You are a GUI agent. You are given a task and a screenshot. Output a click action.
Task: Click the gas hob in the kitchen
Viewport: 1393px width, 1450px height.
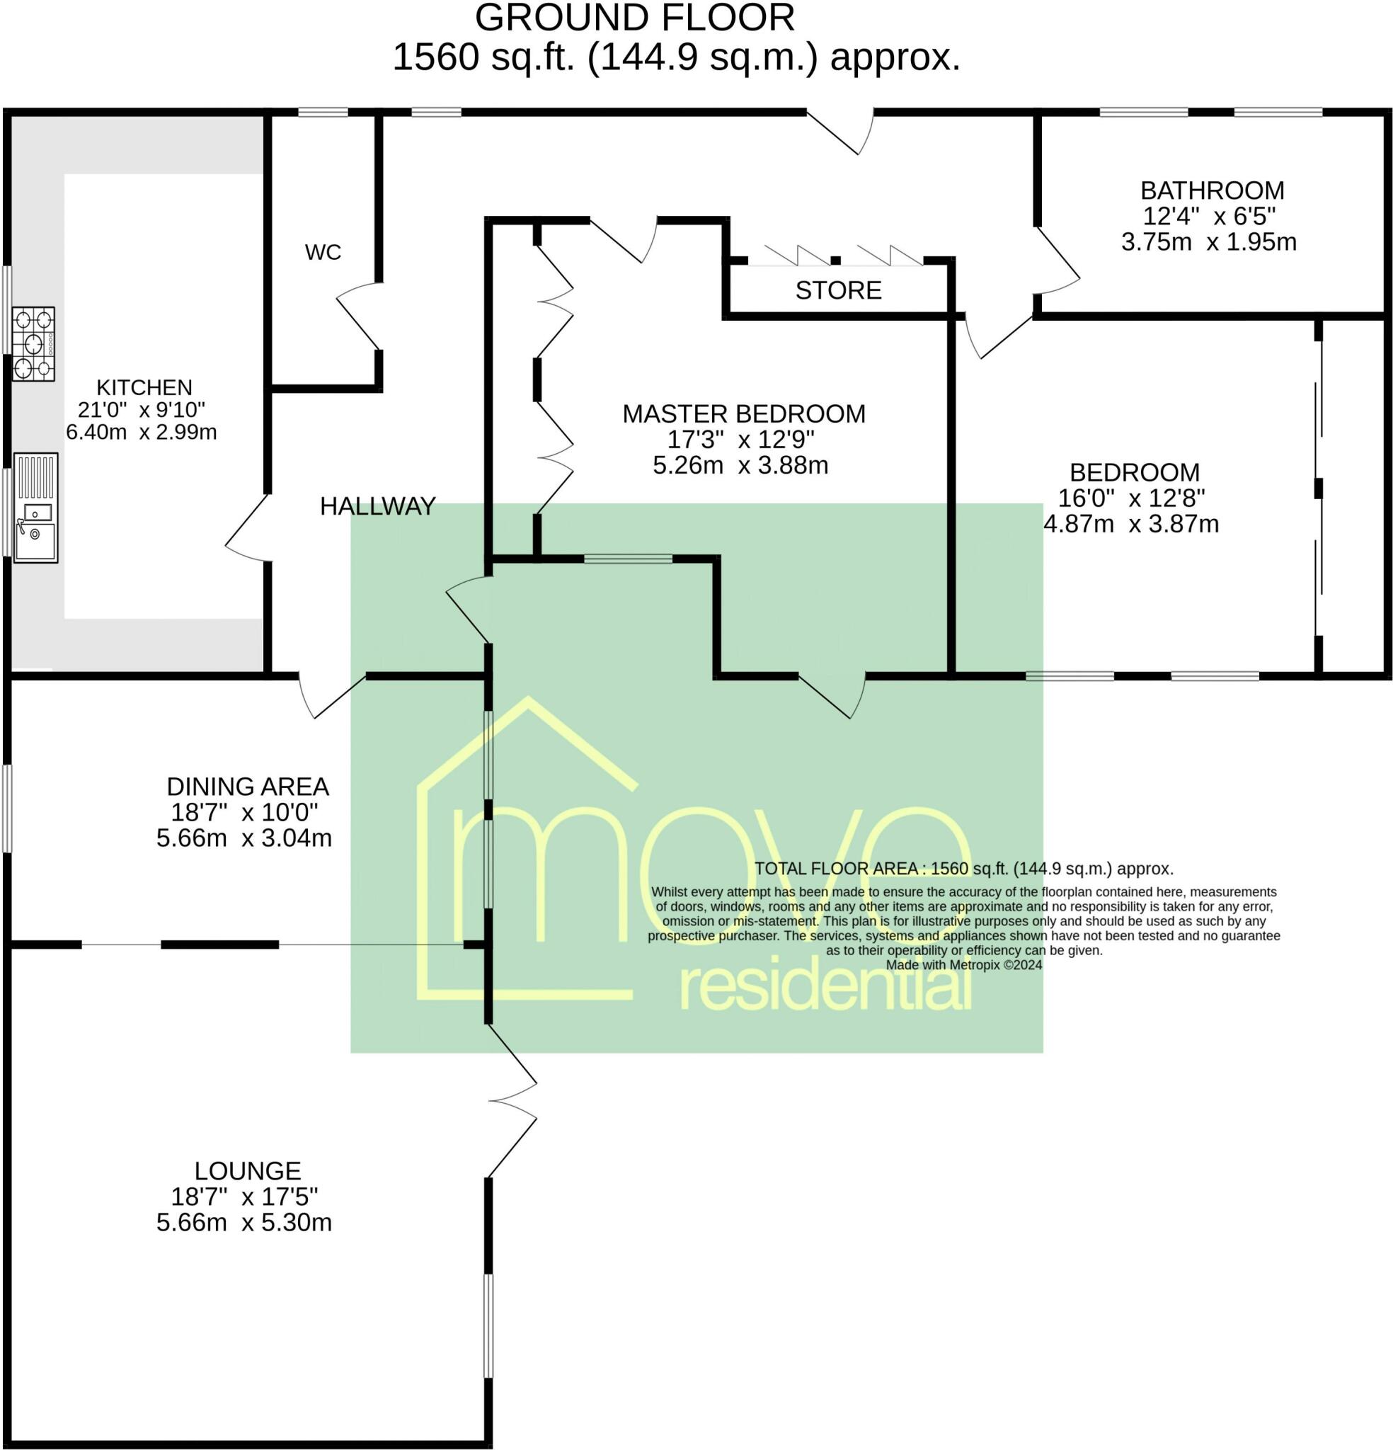pyautogui.click(x=33, y=344)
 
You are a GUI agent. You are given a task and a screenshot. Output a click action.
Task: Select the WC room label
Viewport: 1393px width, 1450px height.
pyautogui.click(x=323, y=252)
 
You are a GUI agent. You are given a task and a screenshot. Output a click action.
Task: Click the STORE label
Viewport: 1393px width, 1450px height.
pyautogui.click(x=838, y=290)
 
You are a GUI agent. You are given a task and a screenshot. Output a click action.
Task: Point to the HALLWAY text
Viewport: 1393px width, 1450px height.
pyautogui.click(x=378, y=506)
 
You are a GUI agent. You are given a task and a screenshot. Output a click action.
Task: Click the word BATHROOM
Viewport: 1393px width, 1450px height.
pyautogui.click(x=1212, y=190)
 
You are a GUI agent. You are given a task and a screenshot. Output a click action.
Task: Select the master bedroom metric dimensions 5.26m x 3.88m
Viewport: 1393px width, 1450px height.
pyautogui.click(x=740, y=465)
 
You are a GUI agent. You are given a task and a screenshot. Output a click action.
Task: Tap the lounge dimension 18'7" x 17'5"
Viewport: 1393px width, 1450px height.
pyautogui.click(x=244, y=1197)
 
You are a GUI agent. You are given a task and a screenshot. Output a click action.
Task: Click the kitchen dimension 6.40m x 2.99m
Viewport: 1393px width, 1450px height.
pyautogui.click(x=142, y=432)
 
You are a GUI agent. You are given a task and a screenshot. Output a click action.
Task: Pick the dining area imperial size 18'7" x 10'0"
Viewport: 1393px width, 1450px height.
pyautogui.click(x=244, y=812)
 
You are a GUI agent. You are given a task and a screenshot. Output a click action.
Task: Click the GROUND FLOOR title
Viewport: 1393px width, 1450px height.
pyautogui.click(x=635, y=18)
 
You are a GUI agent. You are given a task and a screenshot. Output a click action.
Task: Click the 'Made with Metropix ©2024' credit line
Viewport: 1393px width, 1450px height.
pyautogui.click(x=963, y=965)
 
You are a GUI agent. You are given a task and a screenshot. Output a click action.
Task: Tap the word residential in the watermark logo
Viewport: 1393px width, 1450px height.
pyautogui.click(x=825, y=987)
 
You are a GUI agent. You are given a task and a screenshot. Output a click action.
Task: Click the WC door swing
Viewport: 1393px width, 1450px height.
pyautogui.click(x=360, y=316)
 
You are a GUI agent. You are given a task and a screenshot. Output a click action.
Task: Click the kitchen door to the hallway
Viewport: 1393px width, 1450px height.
pyautogui.click(x=247, y=528)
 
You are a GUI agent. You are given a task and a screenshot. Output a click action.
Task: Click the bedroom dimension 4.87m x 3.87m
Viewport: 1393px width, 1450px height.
pyautogui.click(x=1131, y=524)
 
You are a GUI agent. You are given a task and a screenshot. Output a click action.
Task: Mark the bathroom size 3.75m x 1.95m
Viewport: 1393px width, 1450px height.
pyautogui.click(x=1209, y=242)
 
